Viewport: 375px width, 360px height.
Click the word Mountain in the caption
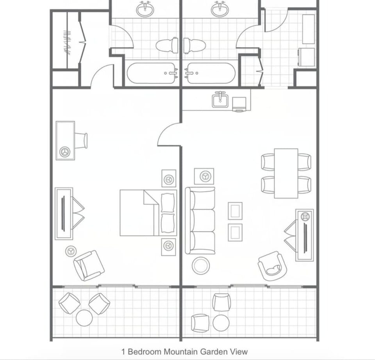[x=180, y=351]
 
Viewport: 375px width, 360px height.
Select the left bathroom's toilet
[x=167, y=45]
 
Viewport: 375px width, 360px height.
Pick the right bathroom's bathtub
[x=210, y=73]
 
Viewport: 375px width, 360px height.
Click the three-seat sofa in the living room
[x=200, y=220]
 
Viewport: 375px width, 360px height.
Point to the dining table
[x=286, y=173]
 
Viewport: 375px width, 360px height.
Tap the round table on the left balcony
[x=84, y=317]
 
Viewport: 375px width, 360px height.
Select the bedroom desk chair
[x=81, y=140]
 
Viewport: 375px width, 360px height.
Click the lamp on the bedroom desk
[x=65, y=151]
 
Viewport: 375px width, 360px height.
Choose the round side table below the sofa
[x=200, y=265]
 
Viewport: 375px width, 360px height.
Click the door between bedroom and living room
[x=169, y=134]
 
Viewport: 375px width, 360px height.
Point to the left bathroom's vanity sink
[x=145, y=9]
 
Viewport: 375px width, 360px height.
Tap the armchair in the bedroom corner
[x=89, y=265]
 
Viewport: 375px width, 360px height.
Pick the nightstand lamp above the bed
[x=169, y=179]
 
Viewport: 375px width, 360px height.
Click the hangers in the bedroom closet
[x=67, y=42]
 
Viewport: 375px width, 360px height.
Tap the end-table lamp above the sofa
[x=204, y=176]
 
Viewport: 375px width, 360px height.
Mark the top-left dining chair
[x=268, y=162]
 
